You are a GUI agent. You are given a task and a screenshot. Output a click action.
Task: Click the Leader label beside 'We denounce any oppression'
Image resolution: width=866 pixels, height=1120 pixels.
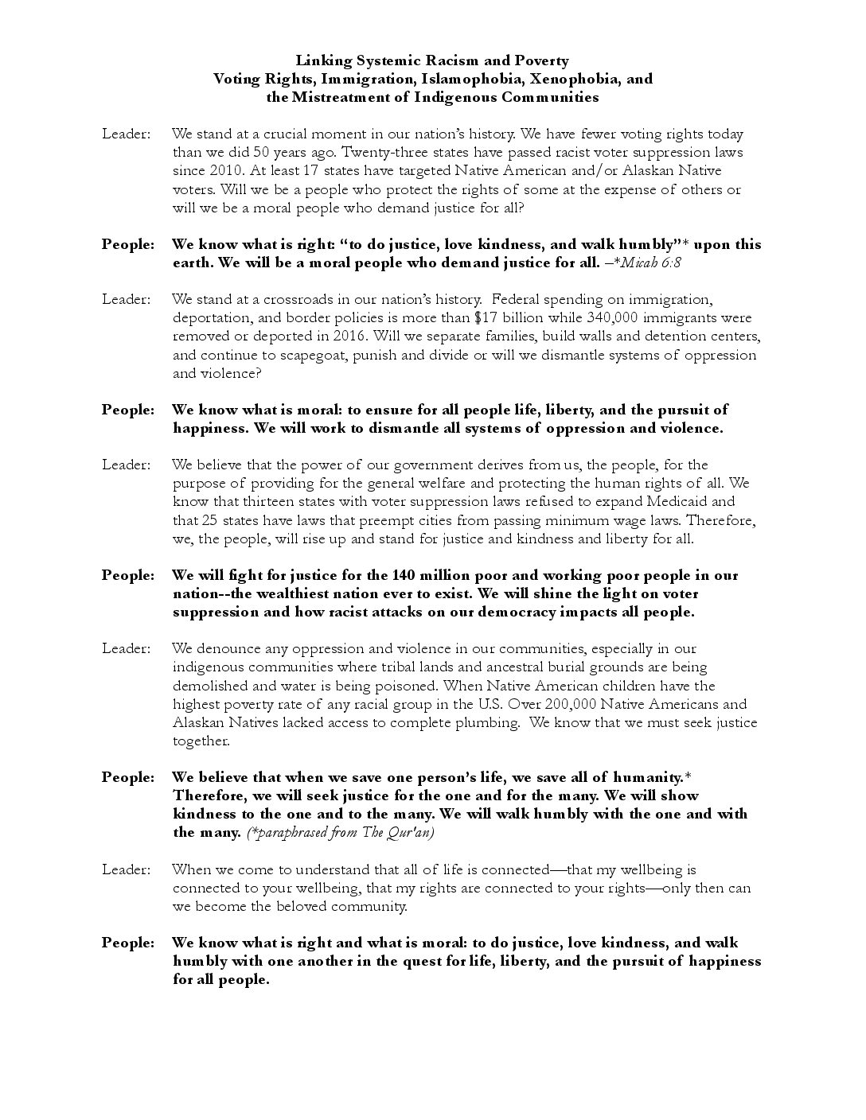126,649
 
